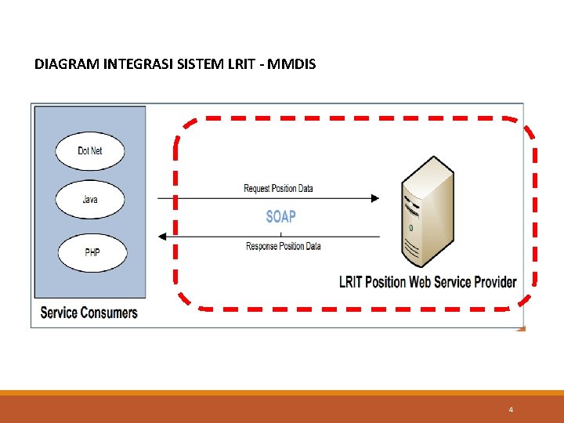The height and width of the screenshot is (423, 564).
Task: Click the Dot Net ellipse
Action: click(x=89, y=151)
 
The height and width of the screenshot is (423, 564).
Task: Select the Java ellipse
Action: click(x=89, y=200)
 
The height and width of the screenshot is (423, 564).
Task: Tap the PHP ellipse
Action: click(x=91, y=253)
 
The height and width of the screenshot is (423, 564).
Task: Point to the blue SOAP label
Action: click(x=280, y=216)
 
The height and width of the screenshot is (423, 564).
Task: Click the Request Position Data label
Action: click(x=278, y=188)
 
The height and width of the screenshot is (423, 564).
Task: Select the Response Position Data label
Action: click(x=283, y=246)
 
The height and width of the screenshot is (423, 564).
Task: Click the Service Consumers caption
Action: click(x=89, y=313)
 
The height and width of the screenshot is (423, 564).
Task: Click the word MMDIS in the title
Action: click(x=291, y=63)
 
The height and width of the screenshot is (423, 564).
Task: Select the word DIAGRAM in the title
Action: click(x=67, y=63)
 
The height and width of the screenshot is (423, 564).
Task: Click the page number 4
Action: click(x=511, y=410)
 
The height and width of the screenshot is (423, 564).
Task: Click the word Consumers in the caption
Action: click(x=109, y=313)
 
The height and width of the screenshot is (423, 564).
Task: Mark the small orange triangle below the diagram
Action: click(x=521, y=328)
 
